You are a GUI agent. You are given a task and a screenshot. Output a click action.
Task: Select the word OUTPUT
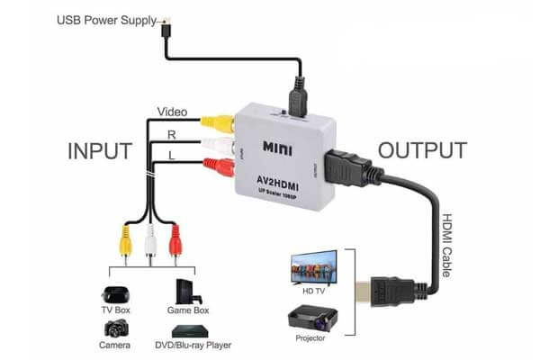coord(422,150)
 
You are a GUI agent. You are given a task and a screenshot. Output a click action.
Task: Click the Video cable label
coord(172,112)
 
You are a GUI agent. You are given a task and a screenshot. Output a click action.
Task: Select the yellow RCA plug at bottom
coord(120,241)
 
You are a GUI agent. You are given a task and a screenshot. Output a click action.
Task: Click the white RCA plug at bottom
coord(148,241)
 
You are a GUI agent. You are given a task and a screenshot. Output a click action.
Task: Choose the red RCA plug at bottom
coord(175,241)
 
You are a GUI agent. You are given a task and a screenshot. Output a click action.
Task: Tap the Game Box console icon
coord(185,294)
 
